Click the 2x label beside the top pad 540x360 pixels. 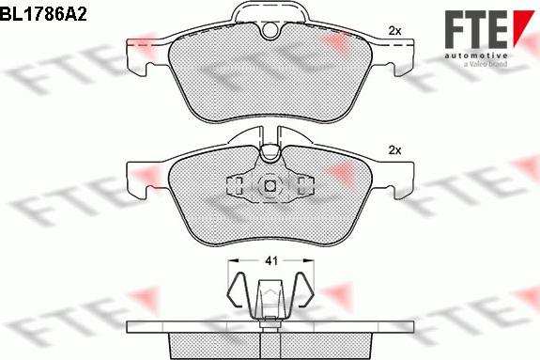tap(394, 31)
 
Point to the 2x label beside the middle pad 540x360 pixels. tap(394, 150)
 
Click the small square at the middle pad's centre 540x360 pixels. tap(269, 185)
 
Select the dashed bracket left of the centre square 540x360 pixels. tap(236, 184)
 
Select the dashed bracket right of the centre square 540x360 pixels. tap(302, 184)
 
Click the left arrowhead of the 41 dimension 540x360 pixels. tap(231, 259)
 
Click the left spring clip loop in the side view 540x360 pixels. tap(240, 291)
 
